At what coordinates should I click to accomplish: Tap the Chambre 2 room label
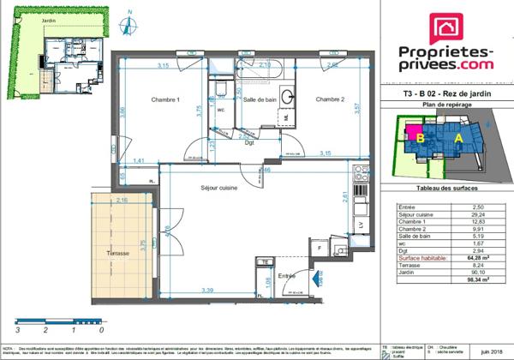329,99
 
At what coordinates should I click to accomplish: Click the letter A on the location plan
458,137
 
